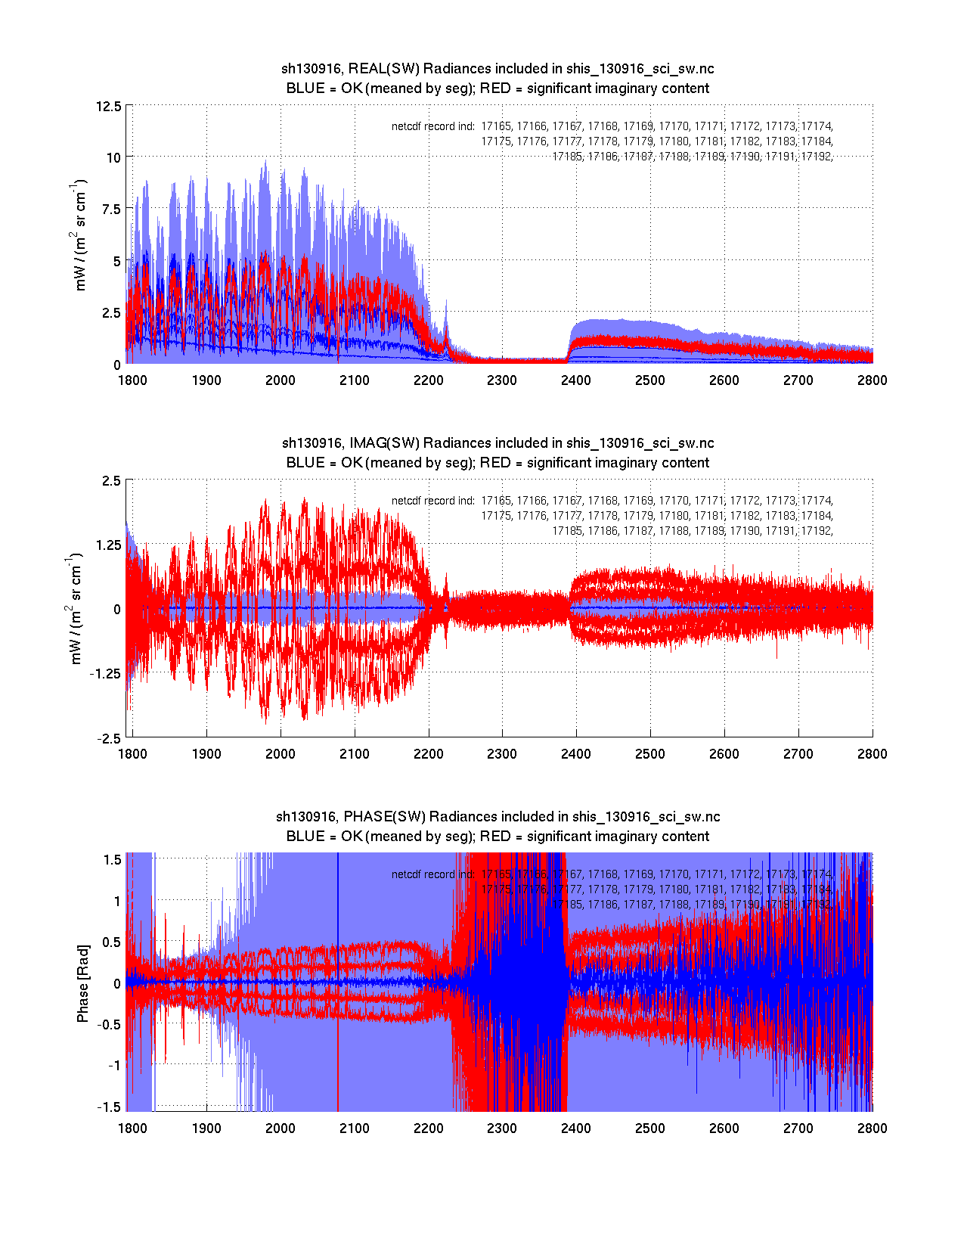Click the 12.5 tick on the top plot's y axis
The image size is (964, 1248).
[108, 106]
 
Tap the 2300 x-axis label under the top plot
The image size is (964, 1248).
[502, 380]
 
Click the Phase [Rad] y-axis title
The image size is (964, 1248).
[83, 983]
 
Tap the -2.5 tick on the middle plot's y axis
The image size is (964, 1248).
[108, 739]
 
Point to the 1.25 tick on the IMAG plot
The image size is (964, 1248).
[105, 545]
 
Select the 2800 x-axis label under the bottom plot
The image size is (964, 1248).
[873, 1128]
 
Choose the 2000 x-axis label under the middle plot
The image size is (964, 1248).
[281, 754]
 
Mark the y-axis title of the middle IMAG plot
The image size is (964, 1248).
[76, 609]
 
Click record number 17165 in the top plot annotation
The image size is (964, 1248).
[496, 126]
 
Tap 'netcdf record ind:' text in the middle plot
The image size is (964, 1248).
[433, 501]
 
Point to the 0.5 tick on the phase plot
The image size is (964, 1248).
[111, 942]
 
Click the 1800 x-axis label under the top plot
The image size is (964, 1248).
[132, 380]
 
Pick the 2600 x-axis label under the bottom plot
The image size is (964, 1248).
[724, 1128]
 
